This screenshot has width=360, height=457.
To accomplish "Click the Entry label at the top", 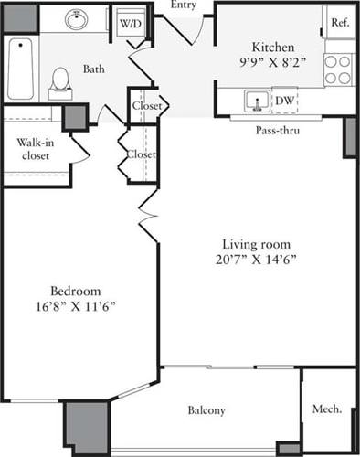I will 183,5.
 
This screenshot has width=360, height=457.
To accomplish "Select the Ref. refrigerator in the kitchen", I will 339,23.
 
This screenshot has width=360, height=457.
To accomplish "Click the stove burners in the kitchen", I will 339,64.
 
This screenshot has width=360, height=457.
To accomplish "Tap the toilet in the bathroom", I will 60,80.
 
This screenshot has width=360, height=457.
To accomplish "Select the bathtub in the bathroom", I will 19,69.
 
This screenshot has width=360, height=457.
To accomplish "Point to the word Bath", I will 94,69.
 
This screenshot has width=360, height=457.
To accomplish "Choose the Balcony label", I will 206,410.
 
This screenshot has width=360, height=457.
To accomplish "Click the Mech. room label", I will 327,409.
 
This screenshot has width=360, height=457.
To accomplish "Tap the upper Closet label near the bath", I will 146,106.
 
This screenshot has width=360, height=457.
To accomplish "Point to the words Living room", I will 257,244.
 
